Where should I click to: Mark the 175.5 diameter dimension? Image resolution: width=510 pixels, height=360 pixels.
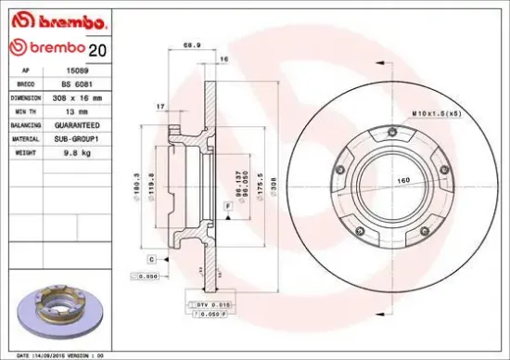[260, 181]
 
